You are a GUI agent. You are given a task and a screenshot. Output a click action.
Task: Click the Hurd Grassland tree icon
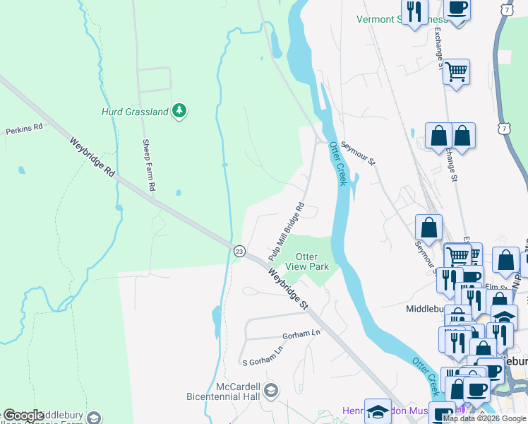[x=180, y=111]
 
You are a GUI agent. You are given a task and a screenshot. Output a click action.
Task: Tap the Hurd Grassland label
[x=135, y=112]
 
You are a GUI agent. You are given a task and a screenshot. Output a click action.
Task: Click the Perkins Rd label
[x=25, y=130]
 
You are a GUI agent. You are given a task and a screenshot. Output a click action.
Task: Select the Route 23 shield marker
[x=239, y=251]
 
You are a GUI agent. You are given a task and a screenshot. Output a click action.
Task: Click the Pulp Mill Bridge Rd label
[x=286, y=230]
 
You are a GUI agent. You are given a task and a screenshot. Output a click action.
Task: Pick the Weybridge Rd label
[x=92, y=158]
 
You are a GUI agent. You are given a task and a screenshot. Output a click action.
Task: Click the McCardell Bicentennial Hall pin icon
[x=272, y=389]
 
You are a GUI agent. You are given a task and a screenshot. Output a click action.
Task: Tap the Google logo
[x=23, y=415]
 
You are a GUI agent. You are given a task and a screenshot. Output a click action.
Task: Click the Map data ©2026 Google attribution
[x=484, y=418]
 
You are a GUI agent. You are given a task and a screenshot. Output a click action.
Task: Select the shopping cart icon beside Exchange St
[x=457, y=71]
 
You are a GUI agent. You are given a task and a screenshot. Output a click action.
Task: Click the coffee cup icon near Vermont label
[x=457, y=9]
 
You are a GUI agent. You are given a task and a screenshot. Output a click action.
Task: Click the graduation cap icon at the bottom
[x=378, y=411]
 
